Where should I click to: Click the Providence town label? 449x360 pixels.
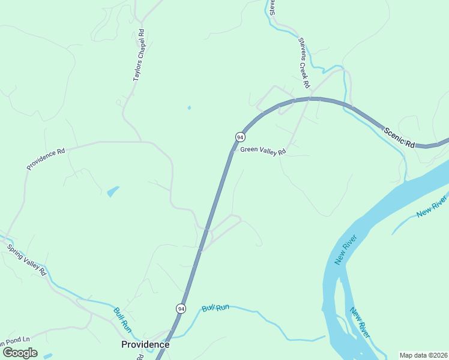145,344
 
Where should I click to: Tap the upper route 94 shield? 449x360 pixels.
240,137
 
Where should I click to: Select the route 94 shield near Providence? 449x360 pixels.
181,308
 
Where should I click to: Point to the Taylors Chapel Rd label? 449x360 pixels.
139,55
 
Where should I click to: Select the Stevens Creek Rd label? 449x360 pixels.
303,60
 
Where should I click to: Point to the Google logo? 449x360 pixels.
20,353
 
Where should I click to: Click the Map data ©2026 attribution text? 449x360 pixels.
423,355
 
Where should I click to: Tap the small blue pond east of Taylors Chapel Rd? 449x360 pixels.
189,108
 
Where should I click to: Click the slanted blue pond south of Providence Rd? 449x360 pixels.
113,191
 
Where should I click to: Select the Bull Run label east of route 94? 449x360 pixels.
216,308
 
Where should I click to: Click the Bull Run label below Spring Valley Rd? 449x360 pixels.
122,319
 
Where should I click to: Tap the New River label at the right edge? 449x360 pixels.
432,206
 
